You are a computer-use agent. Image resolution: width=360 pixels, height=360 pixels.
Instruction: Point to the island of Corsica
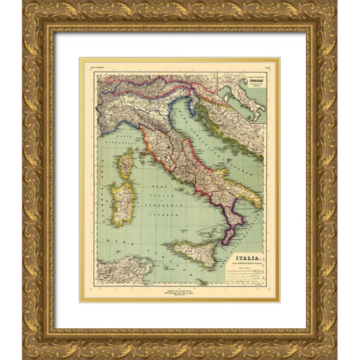point(126,164)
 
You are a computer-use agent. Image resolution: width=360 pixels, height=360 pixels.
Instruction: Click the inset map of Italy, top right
point(242,99)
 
